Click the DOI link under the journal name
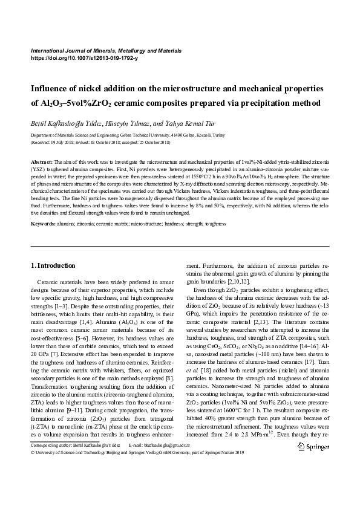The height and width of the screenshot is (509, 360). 84,58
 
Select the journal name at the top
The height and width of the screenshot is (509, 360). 106,51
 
